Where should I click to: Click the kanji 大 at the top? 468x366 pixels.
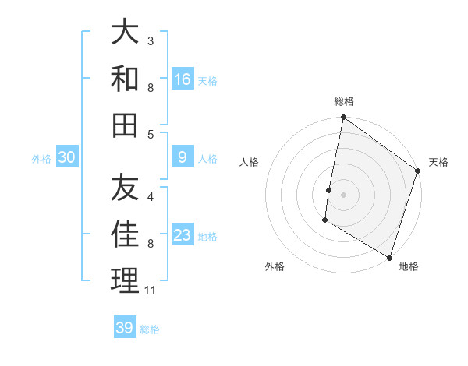pos(125,33)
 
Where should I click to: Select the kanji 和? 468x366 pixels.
pos(125,78)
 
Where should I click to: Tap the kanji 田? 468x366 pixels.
pos(125,124)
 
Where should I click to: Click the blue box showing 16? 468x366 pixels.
pos(183,79)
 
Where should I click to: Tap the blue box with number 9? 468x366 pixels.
pos(183,157)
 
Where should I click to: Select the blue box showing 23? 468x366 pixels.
pos(183,235)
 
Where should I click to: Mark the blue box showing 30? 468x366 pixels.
pos(67,157)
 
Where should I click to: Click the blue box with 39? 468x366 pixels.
pos(124,328)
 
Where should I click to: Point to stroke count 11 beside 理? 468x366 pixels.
pos(151,290)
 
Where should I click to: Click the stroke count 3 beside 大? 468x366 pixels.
pos(151,40)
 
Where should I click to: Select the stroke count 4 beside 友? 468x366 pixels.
pos(151,197)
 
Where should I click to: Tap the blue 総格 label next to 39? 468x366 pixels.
pos(150,329)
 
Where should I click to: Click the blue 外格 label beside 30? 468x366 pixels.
pos(41,159)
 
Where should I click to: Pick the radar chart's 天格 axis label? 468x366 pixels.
pos(438,162)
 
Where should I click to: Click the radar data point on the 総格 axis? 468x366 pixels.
pos(343,118)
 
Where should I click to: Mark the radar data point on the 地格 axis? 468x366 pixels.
pos(388,256)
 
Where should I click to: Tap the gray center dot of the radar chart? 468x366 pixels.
pos(343,194)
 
